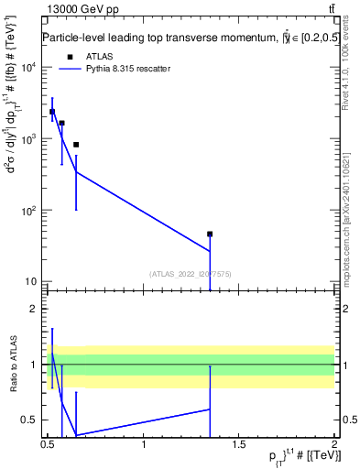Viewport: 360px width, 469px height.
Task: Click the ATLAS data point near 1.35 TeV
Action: tap(210, 234)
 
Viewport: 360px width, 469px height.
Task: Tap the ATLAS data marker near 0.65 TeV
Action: tap(76, 145)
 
